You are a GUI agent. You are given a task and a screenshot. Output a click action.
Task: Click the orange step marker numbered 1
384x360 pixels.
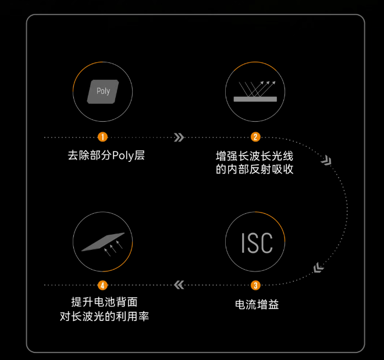(102, 137)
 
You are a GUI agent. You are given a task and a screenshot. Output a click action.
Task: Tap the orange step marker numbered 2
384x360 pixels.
(255, 137)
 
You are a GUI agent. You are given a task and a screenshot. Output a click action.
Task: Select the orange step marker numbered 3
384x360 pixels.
(255, 285)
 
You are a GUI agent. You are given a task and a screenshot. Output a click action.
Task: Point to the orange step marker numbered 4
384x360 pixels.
(102, 285)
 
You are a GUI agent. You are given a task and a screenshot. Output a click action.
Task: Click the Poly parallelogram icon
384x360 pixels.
(102, 91)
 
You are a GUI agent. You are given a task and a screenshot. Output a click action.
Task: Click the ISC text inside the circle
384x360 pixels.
(256, 243)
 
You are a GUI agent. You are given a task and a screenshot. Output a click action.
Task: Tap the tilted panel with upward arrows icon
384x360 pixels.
(103, 242)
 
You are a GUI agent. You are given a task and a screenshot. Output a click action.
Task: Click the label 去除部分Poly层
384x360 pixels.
(102, 156)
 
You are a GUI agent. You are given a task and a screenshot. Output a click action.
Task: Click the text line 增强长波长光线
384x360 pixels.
(255, 156)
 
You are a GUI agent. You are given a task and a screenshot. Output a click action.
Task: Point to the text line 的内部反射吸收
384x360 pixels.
(255, 170)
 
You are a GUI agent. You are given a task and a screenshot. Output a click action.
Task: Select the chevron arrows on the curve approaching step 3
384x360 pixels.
(318, 268)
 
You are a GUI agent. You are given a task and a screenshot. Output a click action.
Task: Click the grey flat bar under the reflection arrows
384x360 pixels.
(255, 99)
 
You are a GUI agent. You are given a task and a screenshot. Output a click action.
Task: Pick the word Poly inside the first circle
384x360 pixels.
(103, 91)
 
